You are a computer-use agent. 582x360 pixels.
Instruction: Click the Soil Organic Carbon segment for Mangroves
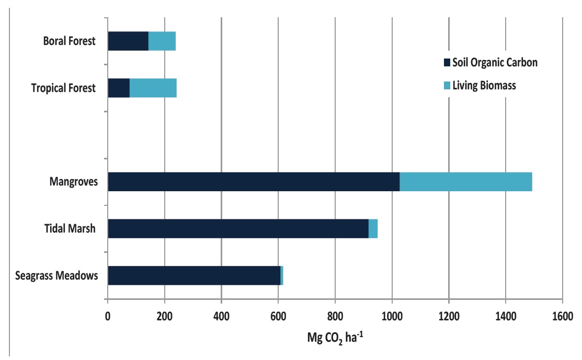254,181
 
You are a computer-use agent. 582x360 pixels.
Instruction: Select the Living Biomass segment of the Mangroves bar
466,181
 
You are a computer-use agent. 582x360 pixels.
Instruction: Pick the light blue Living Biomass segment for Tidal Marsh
373,228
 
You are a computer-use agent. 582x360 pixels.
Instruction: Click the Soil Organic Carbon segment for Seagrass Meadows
194,275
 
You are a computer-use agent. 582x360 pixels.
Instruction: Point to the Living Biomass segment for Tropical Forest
153,88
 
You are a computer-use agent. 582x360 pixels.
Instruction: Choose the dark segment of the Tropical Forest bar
119,88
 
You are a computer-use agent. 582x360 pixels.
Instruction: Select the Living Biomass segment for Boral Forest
162,41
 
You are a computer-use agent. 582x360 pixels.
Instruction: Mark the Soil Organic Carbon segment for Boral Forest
128,41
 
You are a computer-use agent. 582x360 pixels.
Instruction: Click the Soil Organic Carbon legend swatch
447,63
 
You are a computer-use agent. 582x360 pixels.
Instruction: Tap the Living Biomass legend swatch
447,85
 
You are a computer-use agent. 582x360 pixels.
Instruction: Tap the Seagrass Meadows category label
56,275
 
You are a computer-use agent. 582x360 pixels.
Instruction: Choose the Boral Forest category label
69,41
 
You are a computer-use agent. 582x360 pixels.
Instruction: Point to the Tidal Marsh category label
70,228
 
